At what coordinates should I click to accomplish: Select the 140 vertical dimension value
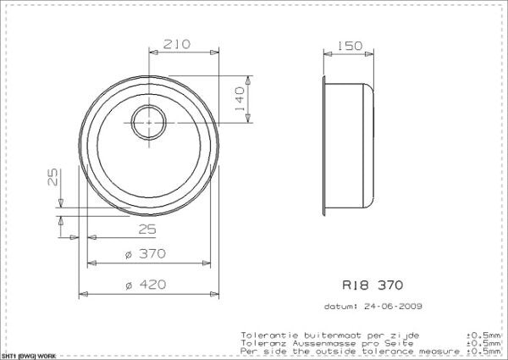point(240,101)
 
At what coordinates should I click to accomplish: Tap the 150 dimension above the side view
point(345,45)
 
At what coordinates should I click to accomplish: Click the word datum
point(340,306)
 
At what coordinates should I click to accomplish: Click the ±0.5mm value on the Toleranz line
point(482,343)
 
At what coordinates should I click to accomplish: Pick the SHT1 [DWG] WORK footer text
point(29,356)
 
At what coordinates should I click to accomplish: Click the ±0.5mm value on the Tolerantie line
point(482,335)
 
